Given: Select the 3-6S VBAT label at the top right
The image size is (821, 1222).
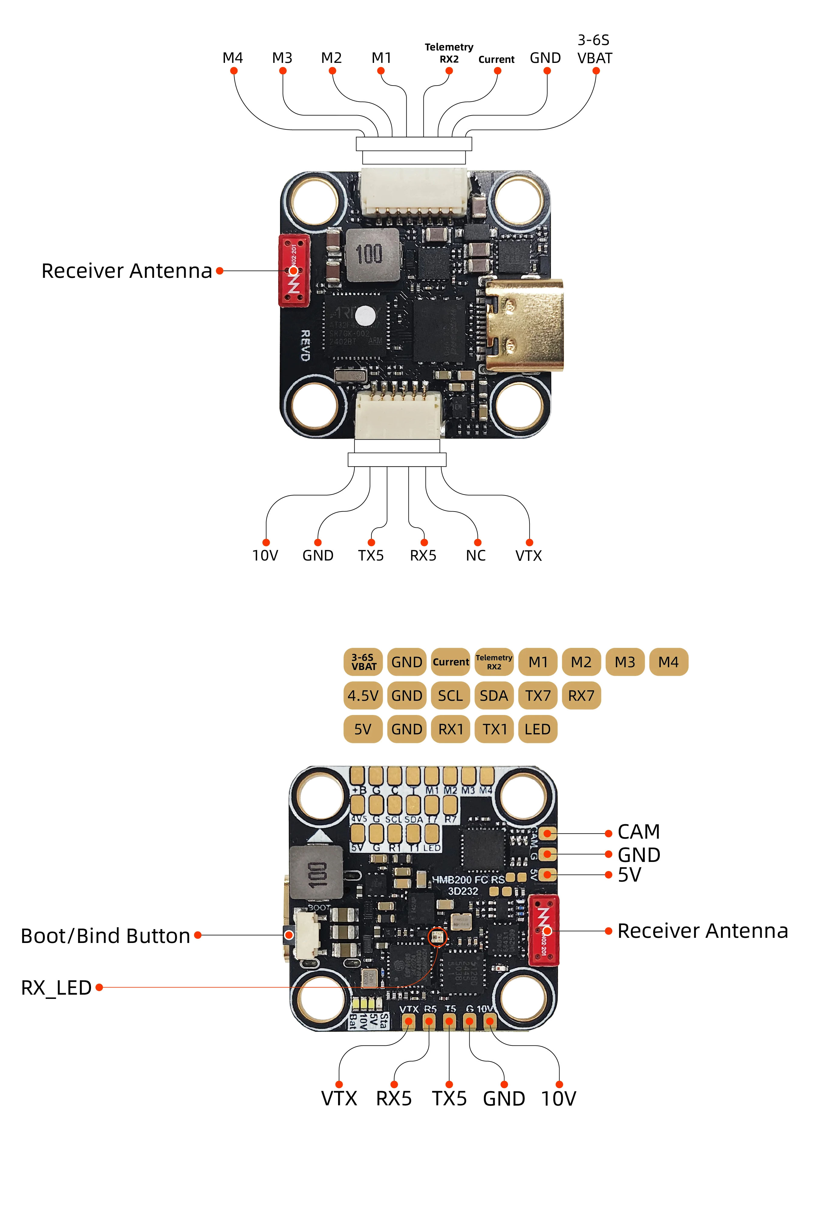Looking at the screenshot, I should click(594, 49).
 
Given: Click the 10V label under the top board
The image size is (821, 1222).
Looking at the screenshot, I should click(265, 555).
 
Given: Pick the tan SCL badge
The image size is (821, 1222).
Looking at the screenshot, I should click(450, 696).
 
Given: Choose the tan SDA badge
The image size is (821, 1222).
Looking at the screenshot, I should click(494, 696).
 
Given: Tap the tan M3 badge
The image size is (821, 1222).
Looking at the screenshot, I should click(625, 662).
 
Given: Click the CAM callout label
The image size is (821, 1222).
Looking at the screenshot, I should click(638, 832).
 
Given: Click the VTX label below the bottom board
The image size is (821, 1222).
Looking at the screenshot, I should click(339, 1098).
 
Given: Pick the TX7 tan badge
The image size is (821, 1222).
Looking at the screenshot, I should click(538, 696).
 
